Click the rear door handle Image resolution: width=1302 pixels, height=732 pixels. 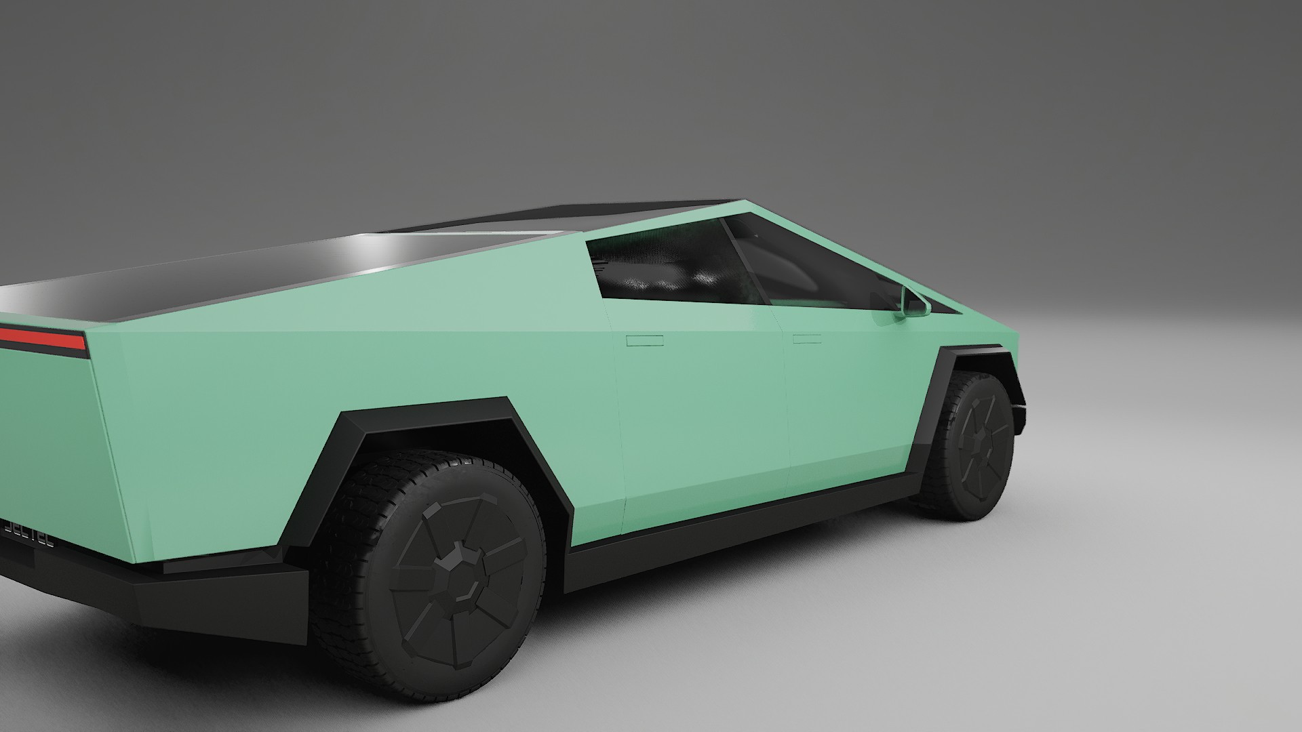644,340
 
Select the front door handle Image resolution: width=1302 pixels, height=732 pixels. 806,338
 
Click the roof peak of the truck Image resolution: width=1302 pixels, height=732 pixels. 743,201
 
